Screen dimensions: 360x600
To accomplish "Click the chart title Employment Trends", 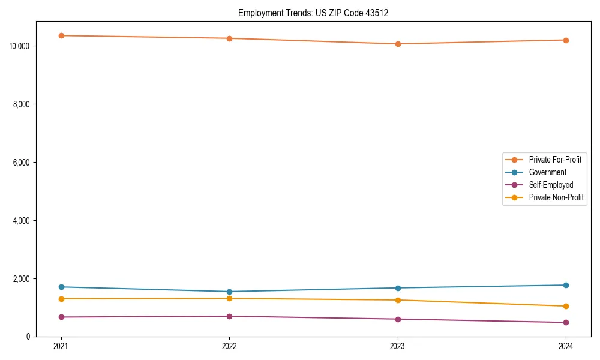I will tap(313, 13).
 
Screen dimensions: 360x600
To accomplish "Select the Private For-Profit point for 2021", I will tap(61, 35).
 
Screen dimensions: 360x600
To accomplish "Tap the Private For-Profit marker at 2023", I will tap(398, 44).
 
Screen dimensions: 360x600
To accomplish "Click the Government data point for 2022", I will tap(229, 292).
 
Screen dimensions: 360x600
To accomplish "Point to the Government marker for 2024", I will tap(566, 285).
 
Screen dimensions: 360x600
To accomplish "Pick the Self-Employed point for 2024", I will tap(566, 322).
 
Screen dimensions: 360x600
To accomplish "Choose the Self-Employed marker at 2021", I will tap(61, 317).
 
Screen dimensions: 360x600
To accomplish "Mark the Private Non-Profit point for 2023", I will tap(398, 300).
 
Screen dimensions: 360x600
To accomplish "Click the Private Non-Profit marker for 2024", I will tap(566, 306).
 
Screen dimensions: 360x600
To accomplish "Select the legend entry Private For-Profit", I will tap(555, 160).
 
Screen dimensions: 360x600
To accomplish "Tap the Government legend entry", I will tap(547, 172).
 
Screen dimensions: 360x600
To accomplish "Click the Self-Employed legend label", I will tap(551, 185).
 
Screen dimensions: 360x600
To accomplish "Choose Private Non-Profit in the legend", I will tap(556, 197).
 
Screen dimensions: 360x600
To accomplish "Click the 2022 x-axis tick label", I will tap(229, 346).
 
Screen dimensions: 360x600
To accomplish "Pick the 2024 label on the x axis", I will tap(566, 346).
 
